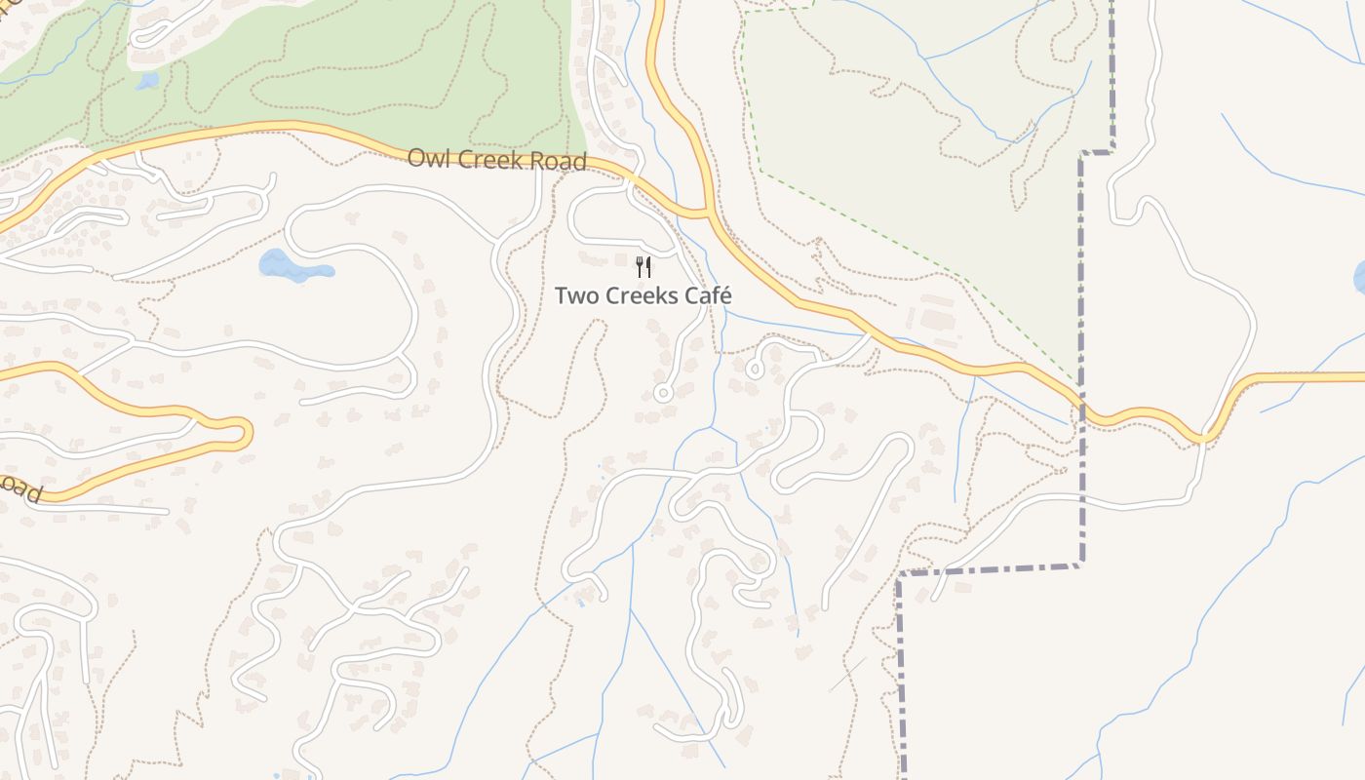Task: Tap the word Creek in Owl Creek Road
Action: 490,160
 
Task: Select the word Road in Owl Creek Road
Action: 559,162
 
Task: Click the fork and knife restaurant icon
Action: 643,266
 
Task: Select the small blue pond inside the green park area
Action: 147,81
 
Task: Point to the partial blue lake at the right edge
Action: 1359,278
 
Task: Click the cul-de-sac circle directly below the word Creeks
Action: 663,394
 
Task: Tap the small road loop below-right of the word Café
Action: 754,370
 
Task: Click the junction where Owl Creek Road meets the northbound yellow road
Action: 706,212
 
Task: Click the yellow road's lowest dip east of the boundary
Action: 1206,437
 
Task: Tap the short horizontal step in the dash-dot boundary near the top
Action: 1097,152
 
